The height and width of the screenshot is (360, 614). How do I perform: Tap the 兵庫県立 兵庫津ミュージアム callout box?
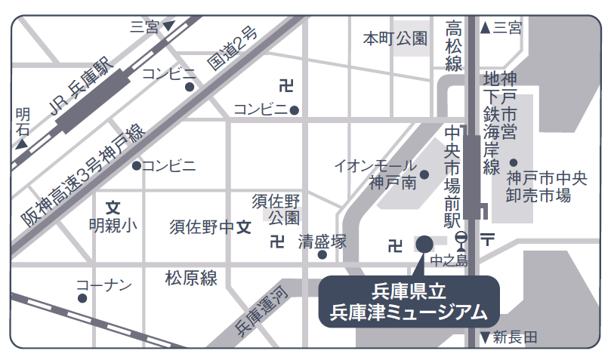tap(409, 301)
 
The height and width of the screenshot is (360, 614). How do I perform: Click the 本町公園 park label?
tap(395, 38)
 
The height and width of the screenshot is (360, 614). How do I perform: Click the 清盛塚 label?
tap(322, 242)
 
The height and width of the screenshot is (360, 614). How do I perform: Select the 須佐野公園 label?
tap(276, 209)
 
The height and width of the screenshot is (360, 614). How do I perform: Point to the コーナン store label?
tap(104, 285)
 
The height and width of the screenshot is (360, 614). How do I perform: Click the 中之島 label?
tap(450, 261)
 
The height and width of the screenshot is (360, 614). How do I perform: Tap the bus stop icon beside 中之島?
tap(461, 242)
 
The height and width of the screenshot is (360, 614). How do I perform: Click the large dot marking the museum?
tap(424, 244)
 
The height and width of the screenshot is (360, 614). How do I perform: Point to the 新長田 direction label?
tap(514, 337)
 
